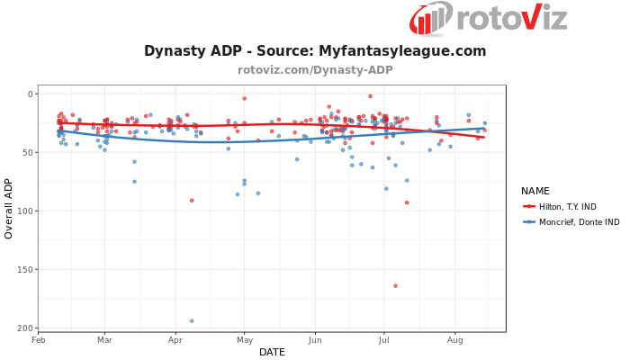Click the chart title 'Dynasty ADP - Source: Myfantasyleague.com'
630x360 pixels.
click(x=315, y=51)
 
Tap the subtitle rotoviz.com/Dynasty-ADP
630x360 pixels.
click(x=315, y=69)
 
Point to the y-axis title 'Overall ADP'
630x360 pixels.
click(x=10, y=208)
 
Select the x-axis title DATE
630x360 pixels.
click(x=272, y=352)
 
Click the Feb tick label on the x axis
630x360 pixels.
click(x=39, y=339)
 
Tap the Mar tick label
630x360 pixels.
click(x=104, y=339)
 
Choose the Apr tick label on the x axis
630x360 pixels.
click(x=175, y=339)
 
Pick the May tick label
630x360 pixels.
click(x=244, y=339)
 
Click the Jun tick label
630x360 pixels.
click(x=315, y=339)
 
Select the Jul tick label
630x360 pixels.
click(x=384, y=339)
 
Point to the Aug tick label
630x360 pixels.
click(x=454, y=339)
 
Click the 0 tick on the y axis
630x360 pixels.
click(x=30, y=94)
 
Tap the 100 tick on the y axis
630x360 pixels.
click(x=25, y=211)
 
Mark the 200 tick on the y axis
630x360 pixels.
click(x=25, y=328)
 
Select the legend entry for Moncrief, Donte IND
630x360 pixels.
click(x=571, y=221)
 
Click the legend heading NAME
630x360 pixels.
click(x=535, y=191)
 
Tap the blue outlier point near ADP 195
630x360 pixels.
click(x=192, y=320)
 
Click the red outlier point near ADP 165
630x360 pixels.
click(x=395, y=285)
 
